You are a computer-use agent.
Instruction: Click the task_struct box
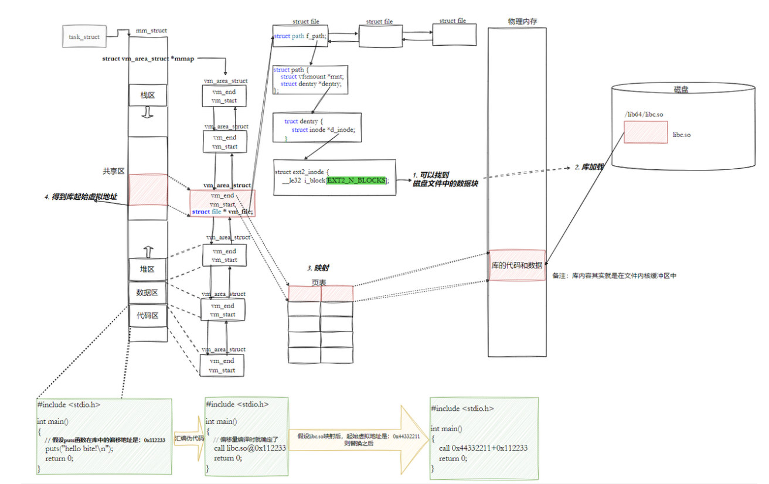tap(84, 36)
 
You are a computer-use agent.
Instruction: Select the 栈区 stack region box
tap(147, 95)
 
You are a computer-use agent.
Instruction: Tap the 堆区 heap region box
tap(147, 269)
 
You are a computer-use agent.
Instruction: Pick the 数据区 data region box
tap(147, 292)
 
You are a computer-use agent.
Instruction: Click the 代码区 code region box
tap(147, 315)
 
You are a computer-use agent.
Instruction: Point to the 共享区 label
tap(114, 171)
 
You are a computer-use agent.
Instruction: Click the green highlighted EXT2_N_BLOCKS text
tap(356, 180)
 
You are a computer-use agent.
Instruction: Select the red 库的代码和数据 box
tap(516, 265)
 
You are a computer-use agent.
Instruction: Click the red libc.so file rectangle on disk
tap(645, 132)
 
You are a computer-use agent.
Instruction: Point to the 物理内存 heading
tap(522, 22)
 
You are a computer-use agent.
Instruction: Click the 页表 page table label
tap(319, 282)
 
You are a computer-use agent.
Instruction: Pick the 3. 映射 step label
tap(318, 268)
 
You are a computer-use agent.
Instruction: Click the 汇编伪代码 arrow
tap(189, 438)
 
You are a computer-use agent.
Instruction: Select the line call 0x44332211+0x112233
tap(483, 448)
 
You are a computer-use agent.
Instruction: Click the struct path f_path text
tap(300, 36)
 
